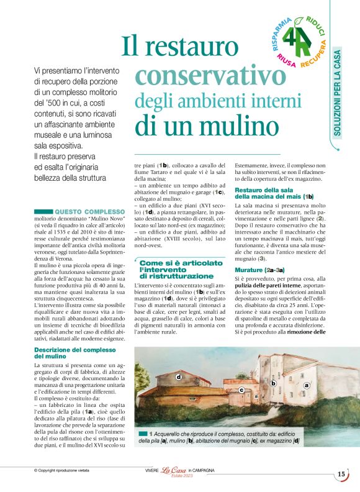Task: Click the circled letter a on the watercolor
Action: point(306,385)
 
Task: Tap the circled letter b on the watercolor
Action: point(272,383)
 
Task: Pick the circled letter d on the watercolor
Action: point(179,376)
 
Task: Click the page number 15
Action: point(341,474)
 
